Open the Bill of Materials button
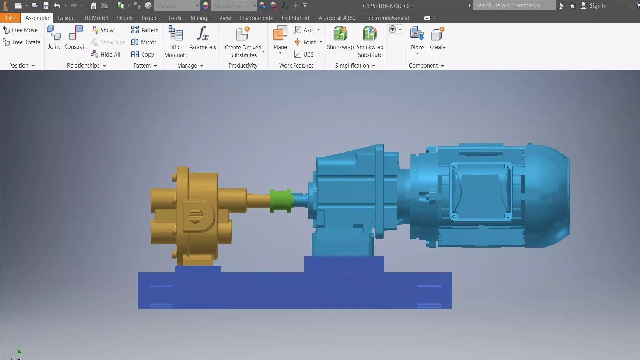pyautogui.click(x=175, y=41)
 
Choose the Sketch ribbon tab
pyautogui.click(x=124, y=18)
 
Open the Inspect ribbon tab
pyautogui.click(x=150, y=18)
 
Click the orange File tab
pyautogui.click(x=10, y=18)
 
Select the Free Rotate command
pyautogui.click(x=22, y=42)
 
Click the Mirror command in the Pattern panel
pyautogui.click(x=144, y=42)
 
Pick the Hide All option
pyautogui.click(x=106, y=54)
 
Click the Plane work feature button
pyautogui.click(x=280, y=38)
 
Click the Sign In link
pyautogui.click(x=597, y=6)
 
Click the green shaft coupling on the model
pyautogui.click(x=281, y=200)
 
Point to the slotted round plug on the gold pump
pyautogui.click(x=195, y=216)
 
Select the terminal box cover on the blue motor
pyautogui.click(x=480, y=191)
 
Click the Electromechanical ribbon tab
pyautogui.click(x=386, y=18)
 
